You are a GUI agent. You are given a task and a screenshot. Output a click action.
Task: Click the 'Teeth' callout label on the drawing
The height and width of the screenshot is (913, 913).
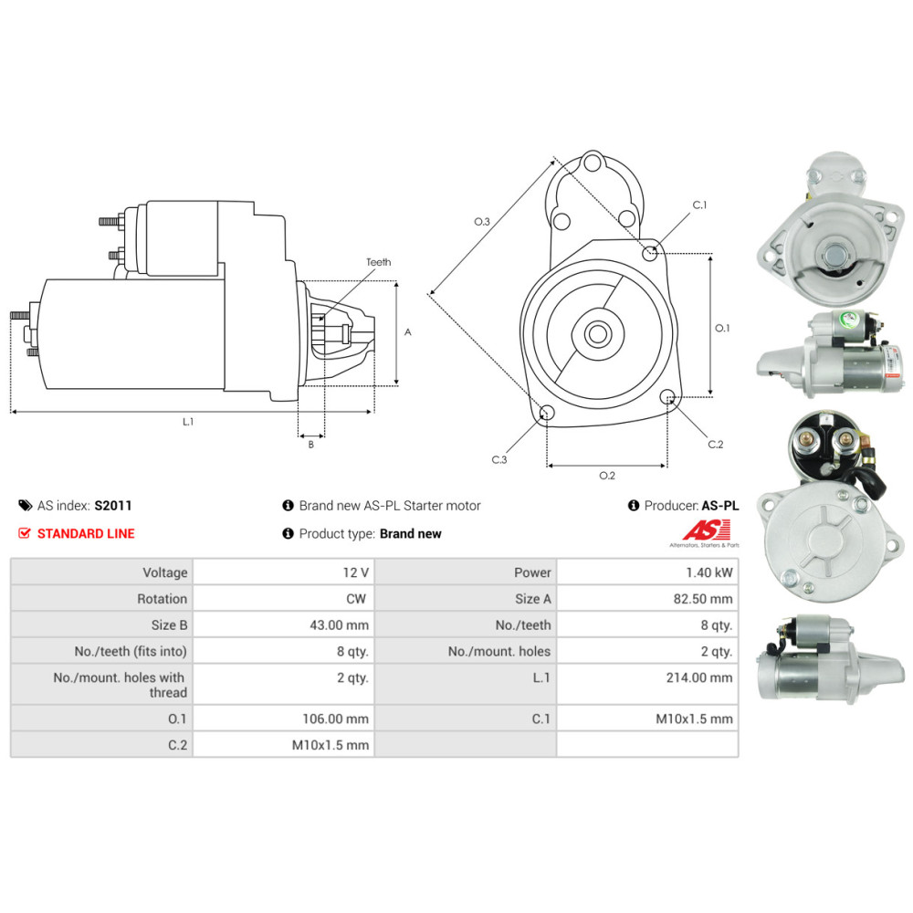[378, 262]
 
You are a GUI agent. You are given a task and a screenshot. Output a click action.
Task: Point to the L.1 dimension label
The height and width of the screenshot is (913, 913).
[188, 422]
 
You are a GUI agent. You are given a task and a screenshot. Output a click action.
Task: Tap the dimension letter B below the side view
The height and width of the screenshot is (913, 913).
[310, 445]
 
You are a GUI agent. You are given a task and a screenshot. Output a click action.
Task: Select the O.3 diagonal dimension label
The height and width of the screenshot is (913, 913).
[482, 221]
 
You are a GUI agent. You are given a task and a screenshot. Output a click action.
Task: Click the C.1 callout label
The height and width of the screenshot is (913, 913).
[699, 205]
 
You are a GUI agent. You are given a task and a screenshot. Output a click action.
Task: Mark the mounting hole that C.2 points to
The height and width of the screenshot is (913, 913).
[668, 397]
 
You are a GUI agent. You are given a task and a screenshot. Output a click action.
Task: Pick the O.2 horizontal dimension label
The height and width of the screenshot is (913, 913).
[606, 475]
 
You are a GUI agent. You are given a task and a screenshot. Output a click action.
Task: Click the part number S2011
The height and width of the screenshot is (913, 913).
[113, 505]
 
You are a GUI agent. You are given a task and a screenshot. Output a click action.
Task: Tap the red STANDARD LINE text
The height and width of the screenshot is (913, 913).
[86, 533]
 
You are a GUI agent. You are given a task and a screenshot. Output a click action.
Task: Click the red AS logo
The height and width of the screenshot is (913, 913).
[708, 530]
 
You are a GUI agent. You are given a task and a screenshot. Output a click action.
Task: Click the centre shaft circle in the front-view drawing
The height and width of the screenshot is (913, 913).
[598, 333]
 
